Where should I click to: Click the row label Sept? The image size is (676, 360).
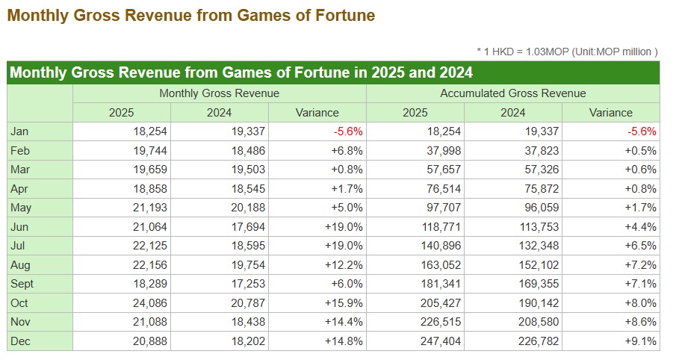22,284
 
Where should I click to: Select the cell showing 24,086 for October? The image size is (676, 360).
149,303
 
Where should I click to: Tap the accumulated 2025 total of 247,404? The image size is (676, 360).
441,341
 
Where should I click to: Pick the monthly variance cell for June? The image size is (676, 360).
344,227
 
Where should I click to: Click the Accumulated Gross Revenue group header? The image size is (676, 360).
512,93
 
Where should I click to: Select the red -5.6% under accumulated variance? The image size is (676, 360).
642,131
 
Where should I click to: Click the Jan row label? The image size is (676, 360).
19,131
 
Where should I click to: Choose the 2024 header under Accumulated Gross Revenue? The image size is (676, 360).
512,113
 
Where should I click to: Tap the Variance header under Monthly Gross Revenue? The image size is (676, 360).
317,113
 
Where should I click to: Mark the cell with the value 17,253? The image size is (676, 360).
248,284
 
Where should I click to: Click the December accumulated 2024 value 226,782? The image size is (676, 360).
539,341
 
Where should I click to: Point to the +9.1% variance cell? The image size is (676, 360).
641,341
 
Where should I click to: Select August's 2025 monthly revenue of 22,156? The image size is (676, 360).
149,264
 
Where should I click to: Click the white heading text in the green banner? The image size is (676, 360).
241,72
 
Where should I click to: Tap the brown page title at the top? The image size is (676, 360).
191,15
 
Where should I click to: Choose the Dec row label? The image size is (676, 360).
20,341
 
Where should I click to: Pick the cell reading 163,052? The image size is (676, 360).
441,264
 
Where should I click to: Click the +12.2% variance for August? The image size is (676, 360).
344,264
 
